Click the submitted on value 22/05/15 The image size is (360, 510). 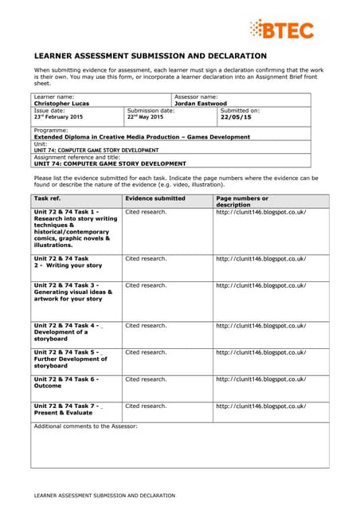(235, 117)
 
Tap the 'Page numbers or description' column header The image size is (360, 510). (242, 201)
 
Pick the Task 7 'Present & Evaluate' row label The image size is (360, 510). (67, 409)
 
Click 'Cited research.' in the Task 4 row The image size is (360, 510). (146, 325)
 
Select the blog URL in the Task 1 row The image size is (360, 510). (260, 212)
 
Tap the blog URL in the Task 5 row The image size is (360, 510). (260, 351)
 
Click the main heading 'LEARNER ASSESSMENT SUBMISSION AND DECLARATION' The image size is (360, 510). (150, 56)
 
